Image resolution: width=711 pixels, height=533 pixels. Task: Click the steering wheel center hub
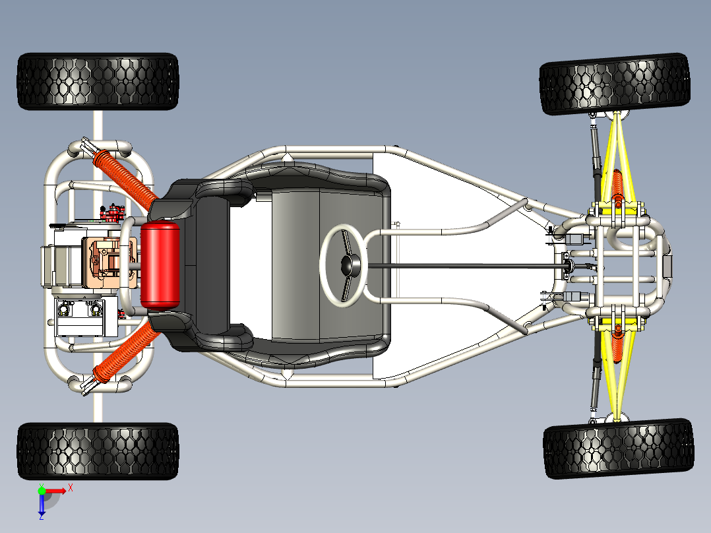349,265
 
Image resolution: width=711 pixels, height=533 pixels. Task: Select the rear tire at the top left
98,81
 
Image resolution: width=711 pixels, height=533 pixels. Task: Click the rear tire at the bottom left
98,451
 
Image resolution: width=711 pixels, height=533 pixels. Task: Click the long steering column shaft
462,266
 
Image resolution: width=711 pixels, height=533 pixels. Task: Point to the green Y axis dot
42,491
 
